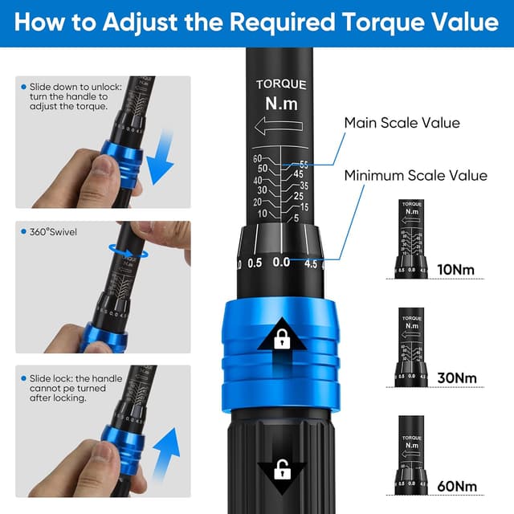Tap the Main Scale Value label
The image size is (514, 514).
[x=402, y=123]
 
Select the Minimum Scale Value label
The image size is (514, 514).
[x=415, y=175]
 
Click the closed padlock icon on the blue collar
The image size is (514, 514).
[x=282, y=340]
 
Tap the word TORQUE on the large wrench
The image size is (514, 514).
[x=282, y=84]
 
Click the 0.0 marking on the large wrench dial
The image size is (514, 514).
[x=281, y=263]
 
